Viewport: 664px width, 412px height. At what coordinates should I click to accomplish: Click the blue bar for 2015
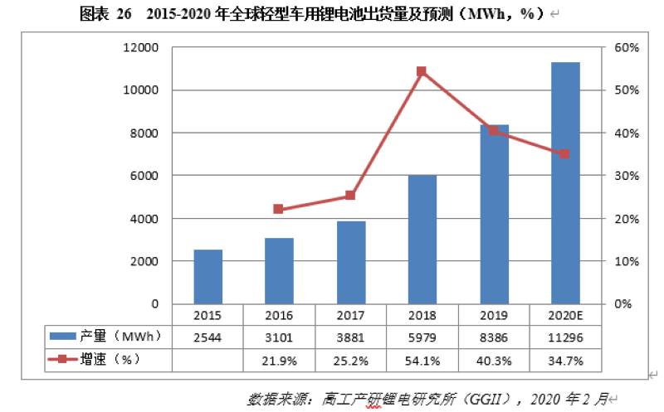pos(208,277)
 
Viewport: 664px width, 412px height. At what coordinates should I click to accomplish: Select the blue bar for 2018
pos(422,240)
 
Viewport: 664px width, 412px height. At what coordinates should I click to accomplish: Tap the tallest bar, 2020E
pos(565,182)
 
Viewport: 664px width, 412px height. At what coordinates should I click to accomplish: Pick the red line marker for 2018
pos(422,72)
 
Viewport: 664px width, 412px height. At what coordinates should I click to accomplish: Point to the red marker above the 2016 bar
pos(279,210)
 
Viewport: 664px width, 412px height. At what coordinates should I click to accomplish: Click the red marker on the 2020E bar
pos(564,154)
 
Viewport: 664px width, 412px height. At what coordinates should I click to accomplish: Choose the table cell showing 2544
pos(207,337)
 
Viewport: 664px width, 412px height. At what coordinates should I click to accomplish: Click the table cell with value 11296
pos(564,337)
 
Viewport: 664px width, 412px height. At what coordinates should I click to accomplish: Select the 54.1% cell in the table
pos(422,361)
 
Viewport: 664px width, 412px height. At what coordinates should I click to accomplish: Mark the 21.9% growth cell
pos(279,361)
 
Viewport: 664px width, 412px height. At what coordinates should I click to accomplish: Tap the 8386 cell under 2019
pos(493,337)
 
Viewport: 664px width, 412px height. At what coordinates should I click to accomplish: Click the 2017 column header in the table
pos(350,315)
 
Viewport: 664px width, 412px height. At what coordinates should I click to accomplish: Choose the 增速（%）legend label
pos(108,360)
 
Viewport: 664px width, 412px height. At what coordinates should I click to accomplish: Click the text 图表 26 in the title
pos(98,13)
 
